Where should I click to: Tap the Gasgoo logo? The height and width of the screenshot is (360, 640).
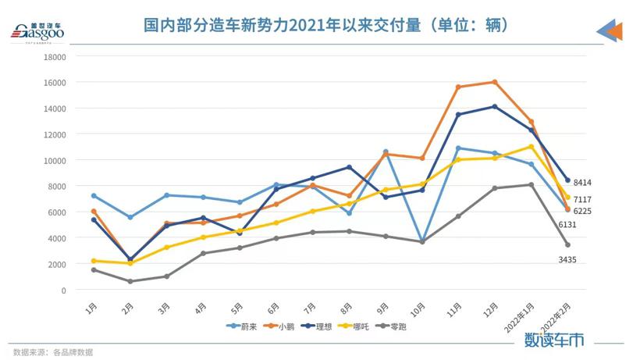tap(37, 32)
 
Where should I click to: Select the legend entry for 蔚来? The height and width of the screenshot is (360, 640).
tap(243, 326)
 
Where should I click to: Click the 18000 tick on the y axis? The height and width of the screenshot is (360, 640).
tap(55, 56)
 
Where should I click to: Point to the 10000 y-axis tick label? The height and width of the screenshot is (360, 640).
tap(55, 160)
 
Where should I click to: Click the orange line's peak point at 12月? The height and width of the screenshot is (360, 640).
tap(493, 82)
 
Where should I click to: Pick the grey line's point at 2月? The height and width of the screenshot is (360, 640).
tap(130, 281)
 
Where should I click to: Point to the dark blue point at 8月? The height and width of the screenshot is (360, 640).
tap(349, 167)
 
